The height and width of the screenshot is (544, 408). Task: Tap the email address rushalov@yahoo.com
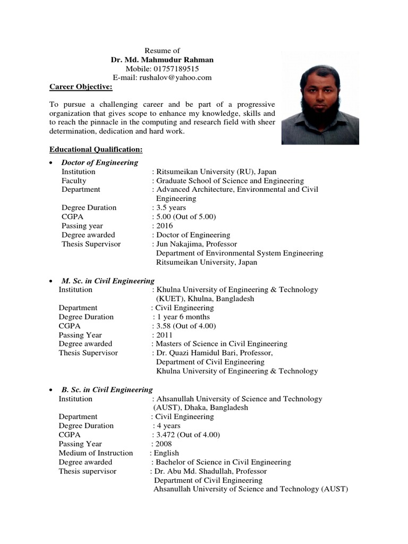coord(175,78)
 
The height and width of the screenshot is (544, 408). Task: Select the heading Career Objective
coord(81,87)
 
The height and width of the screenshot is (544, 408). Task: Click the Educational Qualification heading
coord(96,150)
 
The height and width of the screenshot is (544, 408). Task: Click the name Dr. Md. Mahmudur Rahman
coord(162,60)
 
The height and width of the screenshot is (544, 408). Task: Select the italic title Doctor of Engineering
coord(100,163)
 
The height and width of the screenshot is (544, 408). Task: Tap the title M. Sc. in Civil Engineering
coord(108,280)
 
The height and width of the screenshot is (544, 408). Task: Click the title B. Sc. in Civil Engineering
coord(107,389)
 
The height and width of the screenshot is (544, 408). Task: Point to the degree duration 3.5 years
coord(171,208)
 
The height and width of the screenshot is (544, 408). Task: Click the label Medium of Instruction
coord(96,453)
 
